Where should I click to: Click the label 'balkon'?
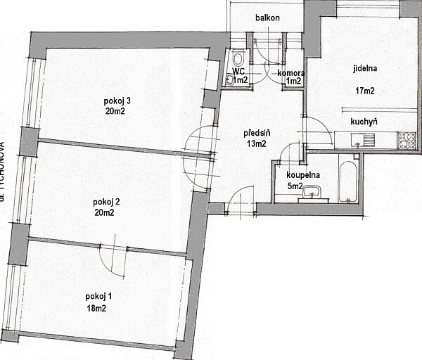point(268,18)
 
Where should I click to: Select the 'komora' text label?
point(290,72)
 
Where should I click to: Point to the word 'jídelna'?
point(366,69)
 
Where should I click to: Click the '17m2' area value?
point(364,90)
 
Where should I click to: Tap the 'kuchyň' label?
point(364,122)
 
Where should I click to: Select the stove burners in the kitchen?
point(406,140)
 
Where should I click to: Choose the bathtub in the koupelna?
point(347,181)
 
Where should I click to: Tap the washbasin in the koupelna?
point(309,193)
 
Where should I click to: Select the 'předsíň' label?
point(257,133)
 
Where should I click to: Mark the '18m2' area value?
point(96,308)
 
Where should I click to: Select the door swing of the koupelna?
point(288,153)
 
